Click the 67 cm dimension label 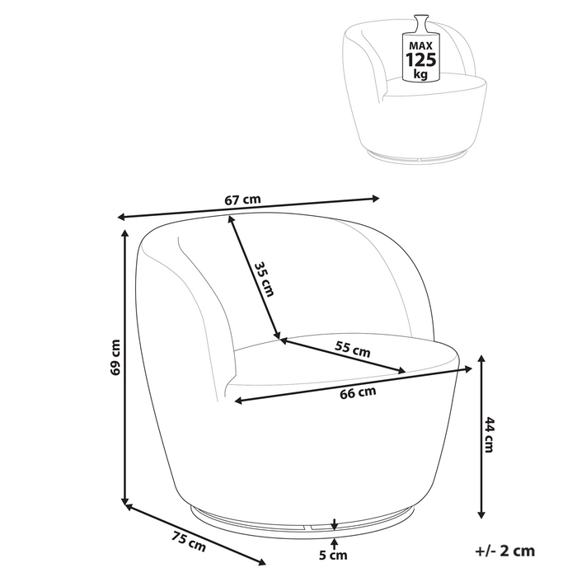click(242, 199)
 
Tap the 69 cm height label click(116, 357)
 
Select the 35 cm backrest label click(265, 279)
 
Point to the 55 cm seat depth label click(352, 349)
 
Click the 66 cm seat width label click(358, 392)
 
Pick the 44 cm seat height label click(489, 434)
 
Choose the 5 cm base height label click(333, 555)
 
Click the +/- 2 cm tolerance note click(504, 551)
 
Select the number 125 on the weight click(420, 59)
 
